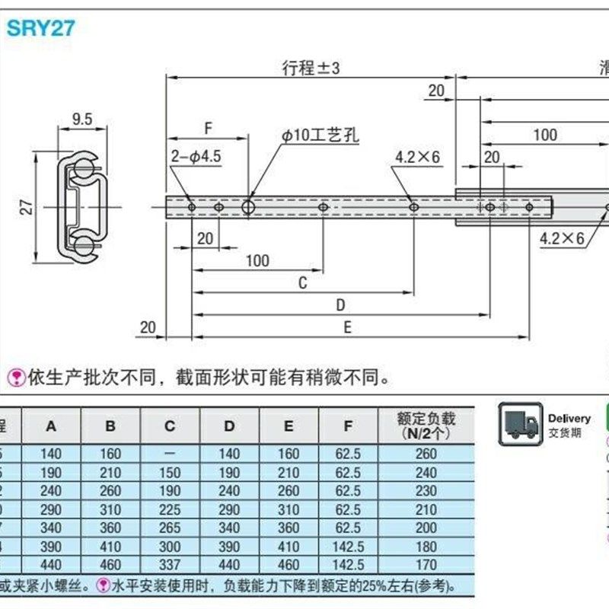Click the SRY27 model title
pos(42,28)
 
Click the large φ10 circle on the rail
pos(248,207)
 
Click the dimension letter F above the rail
pos(208,128)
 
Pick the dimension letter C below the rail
pos(302,283)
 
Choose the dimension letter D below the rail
pos(340,305)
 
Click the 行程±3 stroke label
pos(310,68)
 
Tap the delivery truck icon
pos(520,423)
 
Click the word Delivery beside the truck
pos(569,419)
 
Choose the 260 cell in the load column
pos(426,454)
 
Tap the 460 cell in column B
pos(110,566)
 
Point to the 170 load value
pos(426,566)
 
